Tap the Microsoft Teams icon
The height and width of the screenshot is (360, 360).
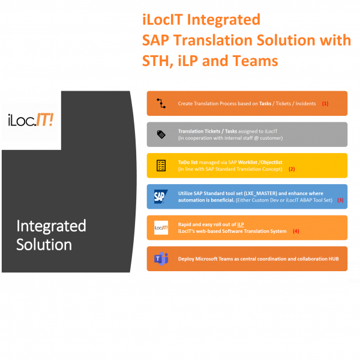click(x=161, y=259)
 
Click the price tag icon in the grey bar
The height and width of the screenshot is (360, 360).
click(x=161, y=134)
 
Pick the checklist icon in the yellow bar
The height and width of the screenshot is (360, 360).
click(x=161, y=165)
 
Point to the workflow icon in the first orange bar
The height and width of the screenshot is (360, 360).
click(x=161, y=103)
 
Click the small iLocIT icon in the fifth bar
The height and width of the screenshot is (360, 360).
click(x=161, y=227)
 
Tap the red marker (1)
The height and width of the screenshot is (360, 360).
click(x=325, y=103)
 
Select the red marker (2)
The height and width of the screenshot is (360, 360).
click(x=292, y=169)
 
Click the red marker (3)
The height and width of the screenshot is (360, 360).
click(x=340, y=200)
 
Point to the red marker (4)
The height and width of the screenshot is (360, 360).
click(x=295, y=231)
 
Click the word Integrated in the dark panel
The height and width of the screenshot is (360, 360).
click(x=52, y=226)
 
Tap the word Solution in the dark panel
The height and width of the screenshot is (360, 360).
click(x=44, y=245)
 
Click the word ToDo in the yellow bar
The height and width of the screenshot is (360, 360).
click(x=185, y=162)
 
